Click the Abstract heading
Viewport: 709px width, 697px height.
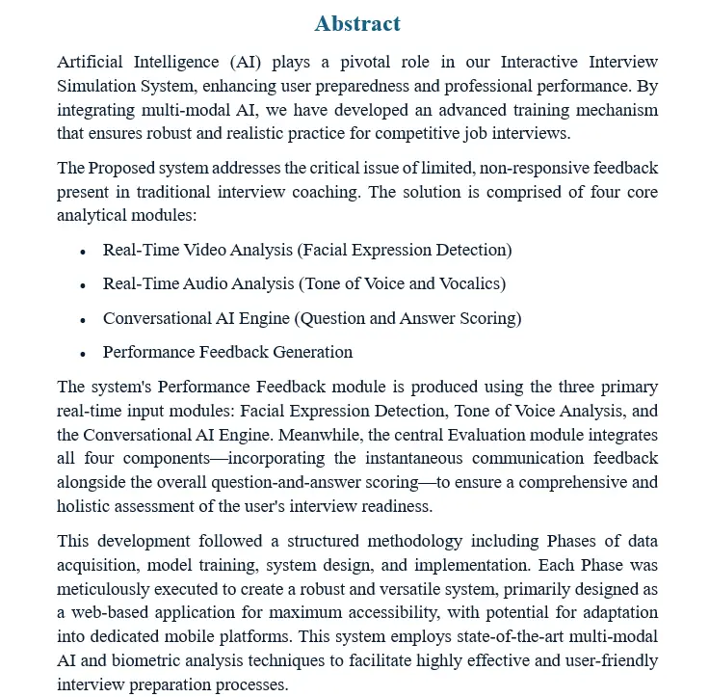coord(357,23)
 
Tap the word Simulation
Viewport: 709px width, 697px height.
coord(94,86)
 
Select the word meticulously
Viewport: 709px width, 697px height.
coord(108,588)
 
